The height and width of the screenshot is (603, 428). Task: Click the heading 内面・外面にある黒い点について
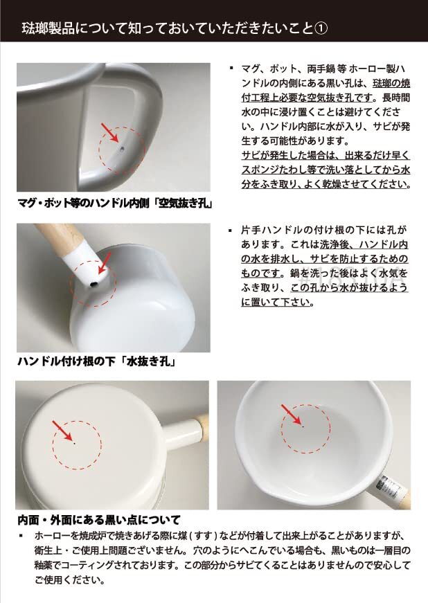(99, 520)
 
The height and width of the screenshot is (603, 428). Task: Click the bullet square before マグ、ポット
(231, 69)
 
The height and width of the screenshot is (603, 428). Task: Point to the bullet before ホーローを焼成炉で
(21, 537)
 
